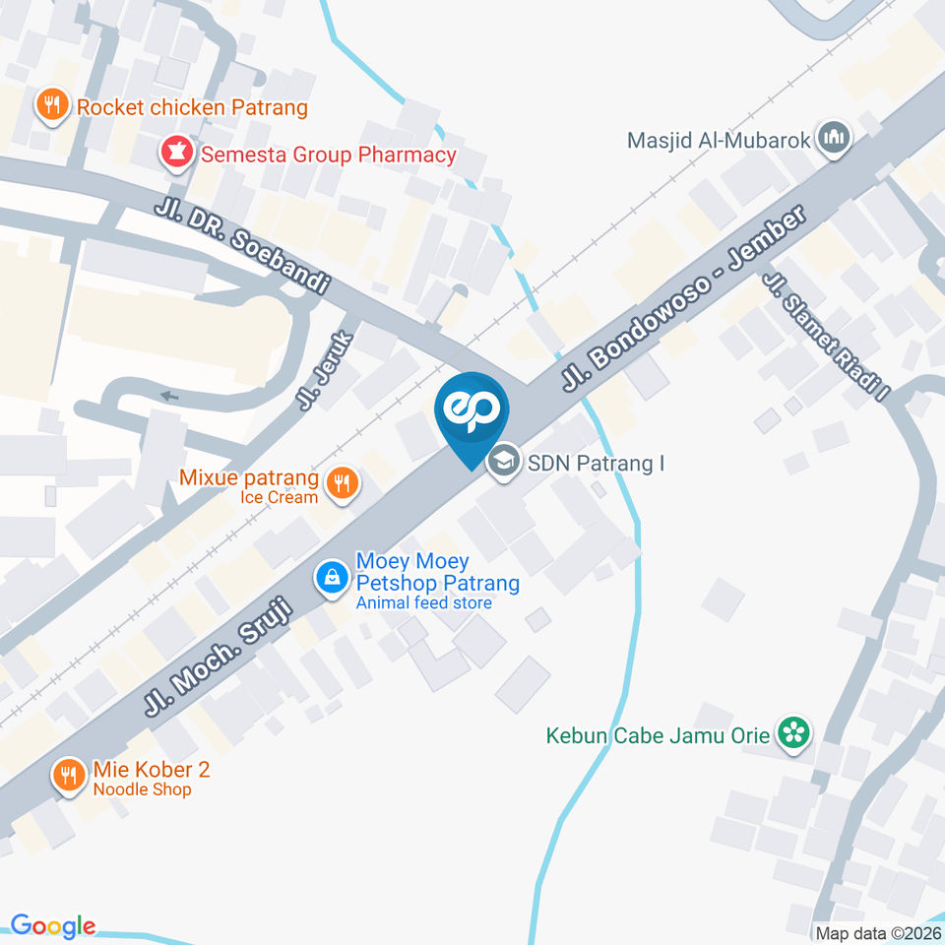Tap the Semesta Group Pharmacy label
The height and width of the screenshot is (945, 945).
(329, 155)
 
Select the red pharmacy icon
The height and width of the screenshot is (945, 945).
(177, 153)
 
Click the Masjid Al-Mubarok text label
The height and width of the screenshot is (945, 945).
(719, 139)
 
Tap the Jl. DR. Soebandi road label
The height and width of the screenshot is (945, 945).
(241, 248)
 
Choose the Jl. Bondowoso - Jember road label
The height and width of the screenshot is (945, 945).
(683, 296)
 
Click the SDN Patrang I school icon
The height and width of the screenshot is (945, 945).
(504, 461)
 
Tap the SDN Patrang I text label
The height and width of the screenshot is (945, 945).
(596, 462)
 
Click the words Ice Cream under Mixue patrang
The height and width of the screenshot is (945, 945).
(280, 498)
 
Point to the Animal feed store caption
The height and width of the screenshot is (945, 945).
(423, 602)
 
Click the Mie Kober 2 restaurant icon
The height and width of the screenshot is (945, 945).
(68, 775)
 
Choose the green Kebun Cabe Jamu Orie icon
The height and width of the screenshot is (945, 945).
(791, 732)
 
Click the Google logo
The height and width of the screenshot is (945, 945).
(53, 925)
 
